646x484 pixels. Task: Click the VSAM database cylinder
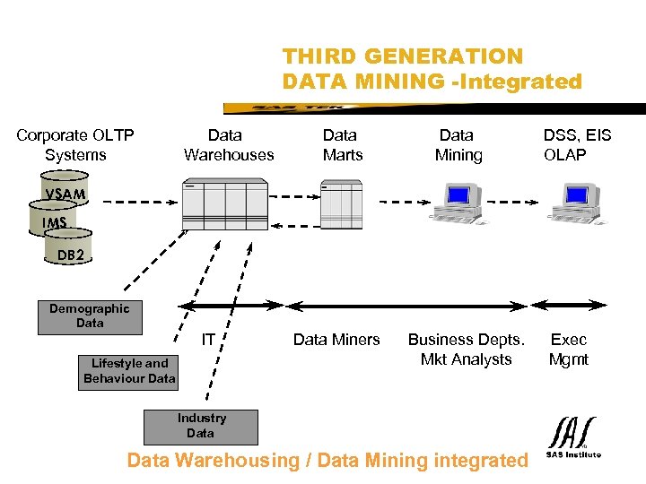(x=65, y=194)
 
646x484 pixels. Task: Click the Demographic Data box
(x=89, y=316)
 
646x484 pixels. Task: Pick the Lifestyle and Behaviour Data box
(x=129, y=371)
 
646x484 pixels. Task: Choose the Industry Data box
(x=201, y=427)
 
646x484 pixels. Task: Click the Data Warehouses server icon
(x=224, y=205)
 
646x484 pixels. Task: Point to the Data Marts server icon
(x=341, y=205)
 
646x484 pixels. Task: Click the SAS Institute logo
(x=572, y=437)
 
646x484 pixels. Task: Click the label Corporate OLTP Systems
(x=75, y=145)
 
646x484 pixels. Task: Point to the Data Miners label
(x=336, y=340)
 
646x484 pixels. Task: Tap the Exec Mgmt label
(x=569, y=350)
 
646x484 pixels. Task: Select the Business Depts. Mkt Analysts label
(x=466, y=350)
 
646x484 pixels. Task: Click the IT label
(x=208, y=340)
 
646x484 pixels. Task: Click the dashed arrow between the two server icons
(x=294, y=201)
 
